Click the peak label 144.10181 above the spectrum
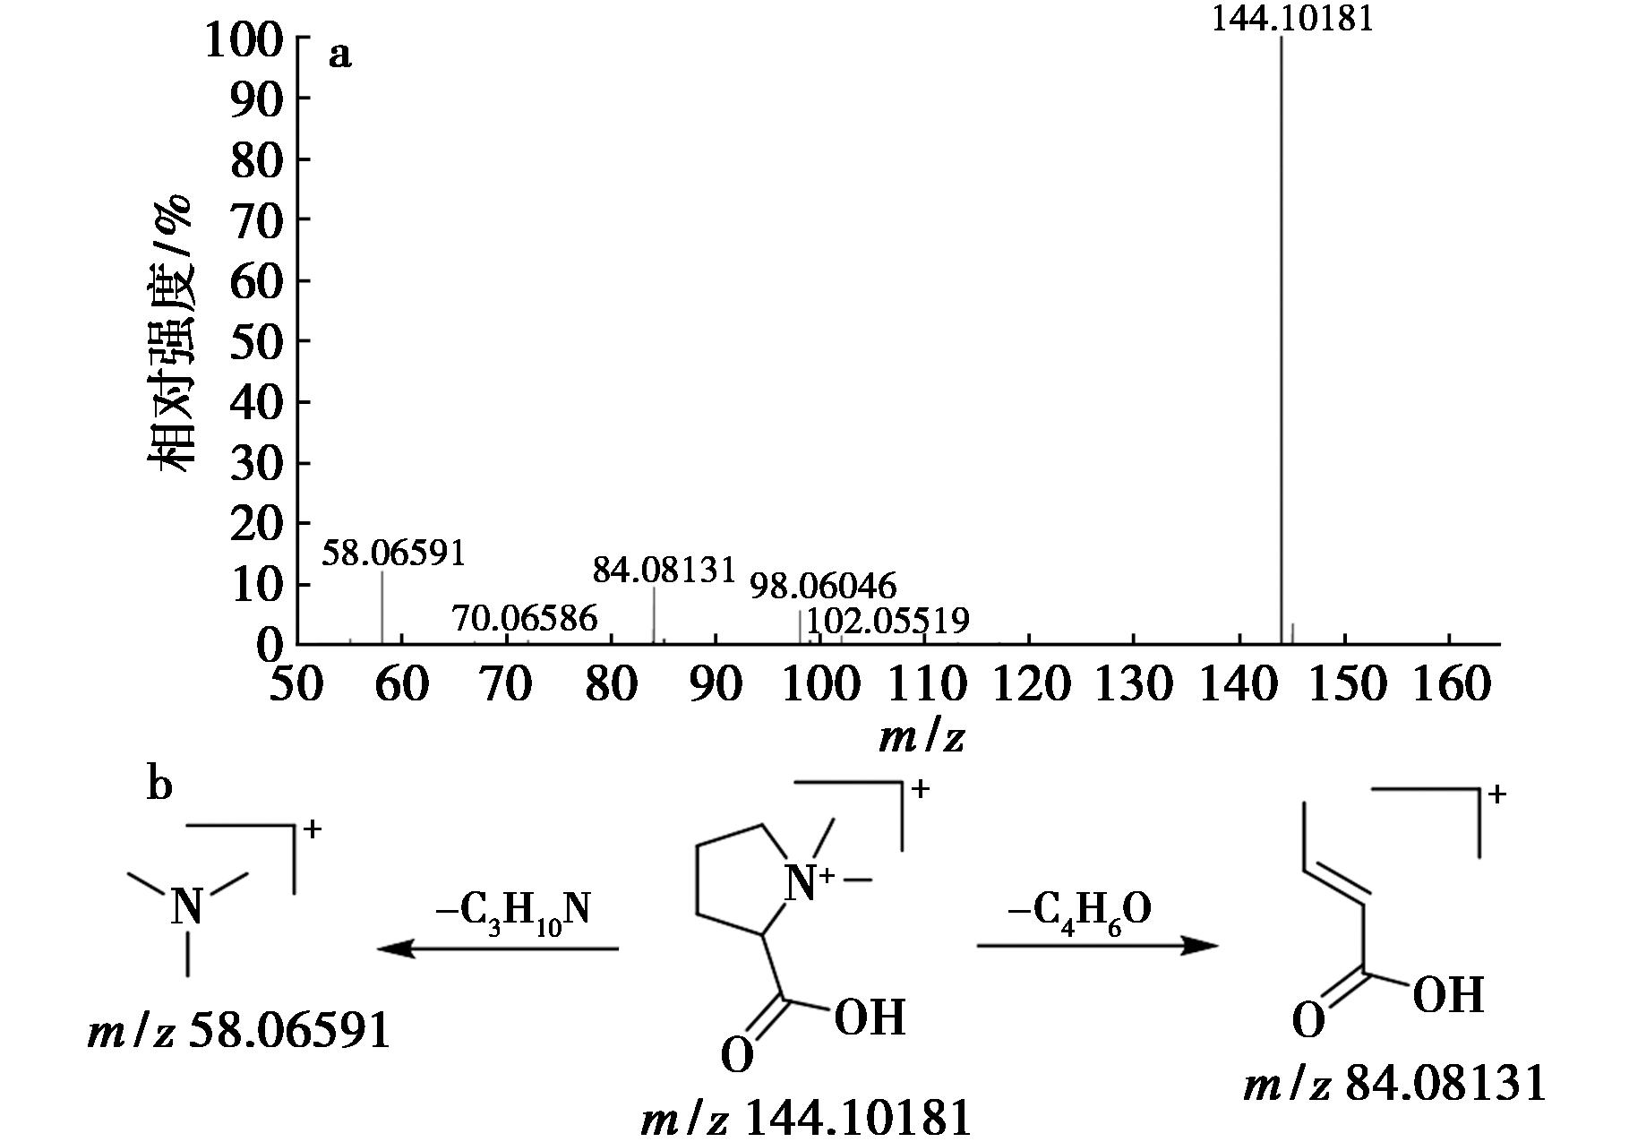click(1291, 18)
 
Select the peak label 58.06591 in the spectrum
click(394, 554)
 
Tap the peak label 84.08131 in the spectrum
click(664, 570)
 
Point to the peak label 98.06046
click(823, 587)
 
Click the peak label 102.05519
click(887, 620)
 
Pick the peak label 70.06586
click(524, 618)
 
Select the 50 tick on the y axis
click(258, 342)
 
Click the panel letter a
click(340, 56)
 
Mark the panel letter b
click(159, 786)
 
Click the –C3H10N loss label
click(513, 912)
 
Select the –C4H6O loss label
click(1079, 910)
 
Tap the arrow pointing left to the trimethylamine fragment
click(498, 948)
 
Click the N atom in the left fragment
click(187, 906)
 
